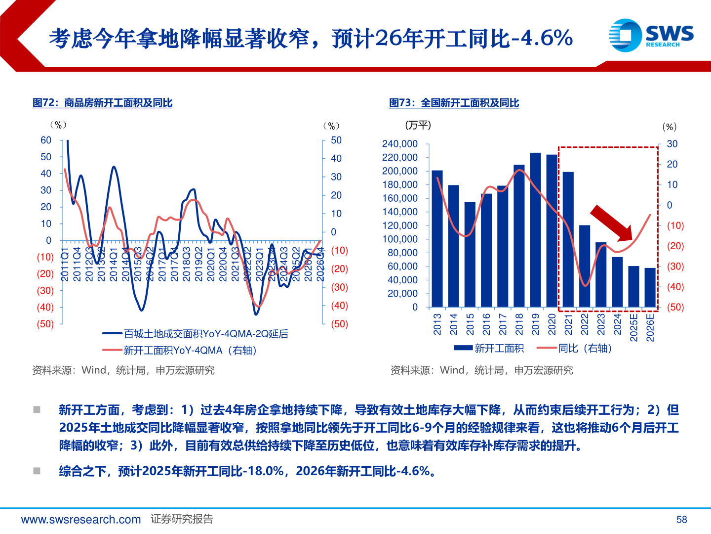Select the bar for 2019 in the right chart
pos(535,230)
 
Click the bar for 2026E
pos(650,287)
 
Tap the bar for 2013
pos(437,238)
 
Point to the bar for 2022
pos(585,266)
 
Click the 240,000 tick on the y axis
pos(399,144)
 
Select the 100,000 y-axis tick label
pos(399,239)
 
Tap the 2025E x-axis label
pos(634,327)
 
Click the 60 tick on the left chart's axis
pos(46,140)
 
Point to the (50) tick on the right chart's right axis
pos(675,307)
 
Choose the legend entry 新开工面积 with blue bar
pos(488,349)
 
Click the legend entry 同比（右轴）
pos(576,349)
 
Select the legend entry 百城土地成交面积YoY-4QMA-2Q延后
pos(196,334)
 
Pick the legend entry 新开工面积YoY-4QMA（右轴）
pos(181,351)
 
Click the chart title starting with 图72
pos(102,103)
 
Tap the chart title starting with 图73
pos(454,103)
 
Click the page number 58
pos(681,520)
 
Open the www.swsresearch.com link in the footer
pos(81,520)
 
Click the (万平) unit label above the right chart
pos(418,126)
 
